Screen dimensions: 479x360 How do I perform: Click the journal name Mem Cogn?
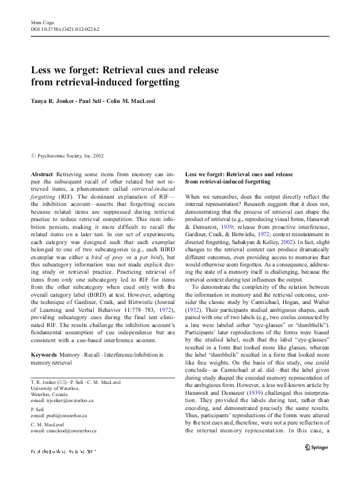[40, 22]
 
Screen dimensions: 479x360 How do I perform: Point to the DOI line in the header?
[65, 29]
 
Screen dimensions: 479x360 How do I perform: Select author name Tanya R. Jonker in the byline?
[54, 101]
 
